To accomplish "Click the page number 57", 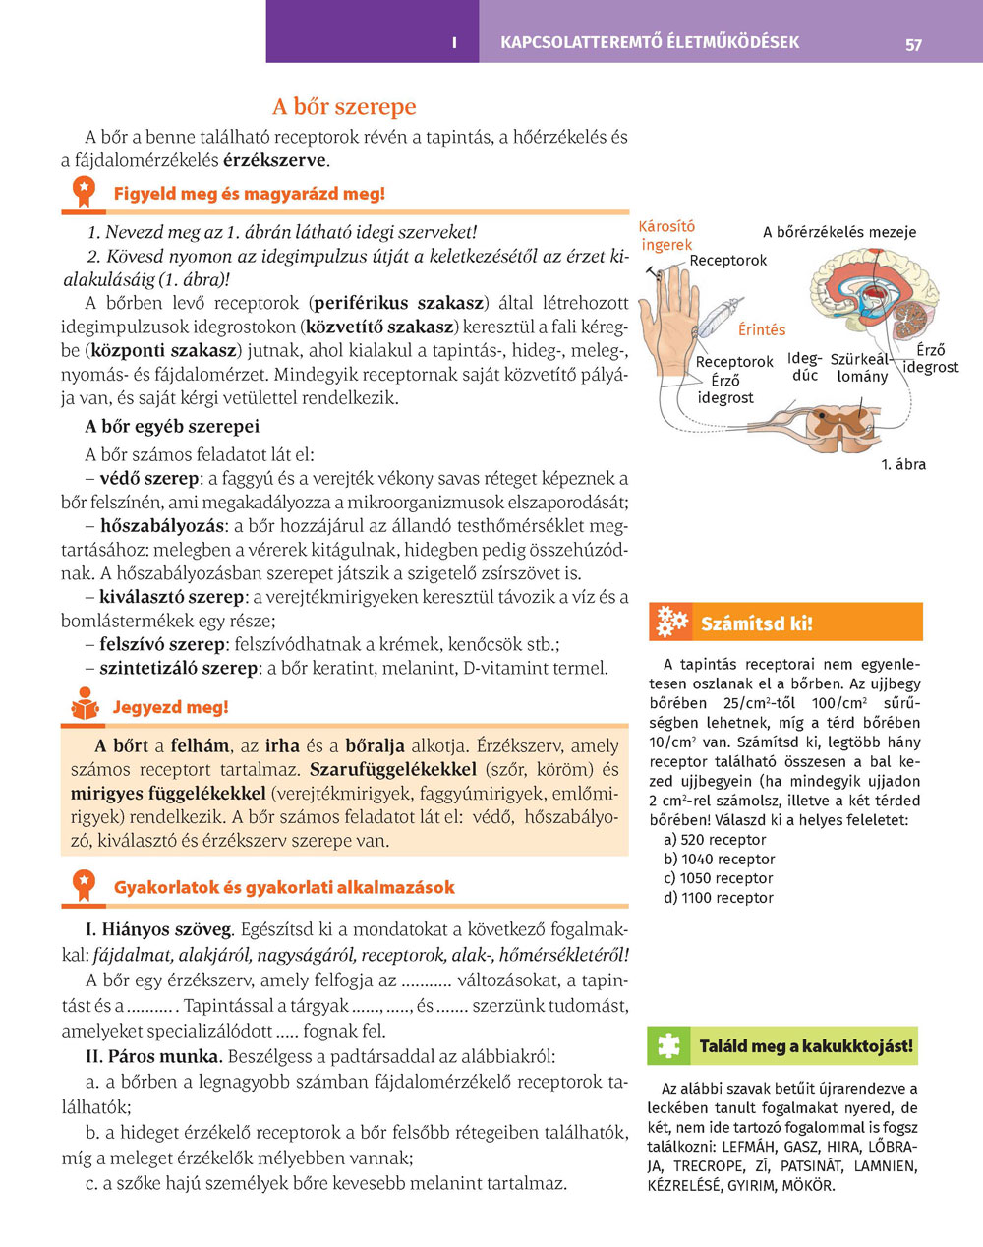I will [913, 44].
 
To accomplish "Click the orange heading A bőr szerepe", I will [344, 106].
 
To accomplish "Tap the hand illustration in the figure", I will [671, 315].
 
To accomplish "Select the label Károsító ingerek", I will [666, 235].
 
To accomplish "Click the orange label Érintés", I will [762, 329].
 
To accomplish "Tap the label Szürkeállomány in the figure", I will [862, 368].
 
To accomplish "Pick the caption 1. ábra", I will [902, 464].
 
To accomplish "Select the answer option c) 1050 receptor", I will [718, 878].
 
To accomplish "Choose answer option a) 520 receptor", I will [715, 839].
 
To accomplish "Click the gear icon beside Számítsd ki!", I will [671, 622].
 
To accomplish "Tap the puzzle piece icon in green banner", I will [669, 1045].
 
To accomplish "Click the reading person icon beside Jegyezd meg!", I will [85, 706].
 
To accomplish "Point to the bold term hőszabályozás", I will [162, 526].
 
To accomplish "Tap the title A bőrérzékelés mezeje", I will [839, 232].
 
